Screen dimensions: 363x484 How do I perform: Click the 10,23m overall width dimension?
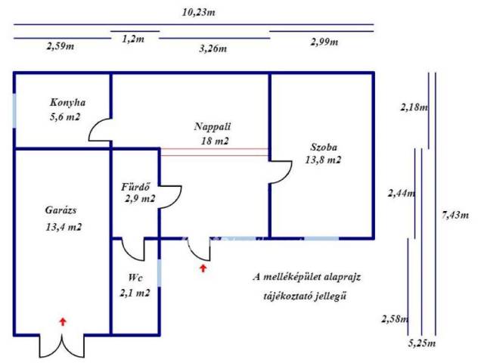(197, 12)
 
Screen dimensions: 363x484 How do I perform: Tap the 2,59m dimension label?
(60, 45)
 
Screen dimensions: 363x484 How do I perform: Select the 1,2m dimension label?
(134, 37)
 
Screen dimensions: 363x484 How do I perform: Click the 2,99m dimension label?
(325, 42)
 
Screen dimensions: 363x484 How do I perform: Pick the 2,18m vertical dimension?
(414, 107)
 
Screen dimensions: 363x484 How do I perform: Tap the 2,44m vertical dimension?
(402, 194)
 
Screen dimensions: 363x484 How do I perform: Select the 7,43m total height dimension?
(454, 216)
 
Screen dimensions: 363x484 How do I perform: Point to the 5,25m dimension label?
(422, 343)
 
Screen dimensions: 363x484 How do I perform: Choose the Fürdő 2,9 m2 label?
(139, 193)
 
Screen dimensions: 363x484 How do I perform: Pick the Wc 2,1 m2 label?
(134, 285)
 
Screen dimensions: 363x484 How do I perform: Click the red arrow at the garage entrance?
(63, 321)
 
